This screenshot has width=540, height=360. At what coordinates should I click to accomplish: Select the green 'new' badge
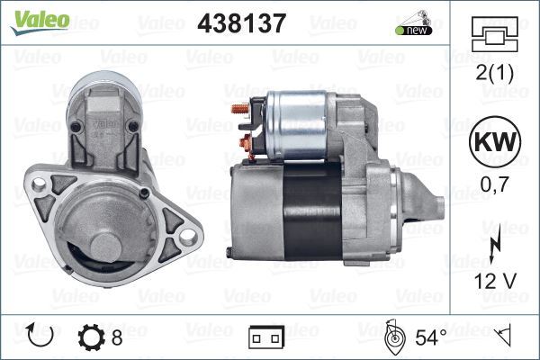(x=412, y=30)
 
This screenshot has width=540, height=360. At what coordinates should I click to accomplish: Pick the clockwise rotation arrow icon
(x=41, y=337)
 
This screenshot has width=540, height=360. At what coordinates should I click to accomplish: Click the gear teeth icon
(x=91, y=337)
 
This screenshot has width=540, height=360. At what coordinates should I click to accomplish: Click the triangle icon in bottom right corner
(x=505, y=336)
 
